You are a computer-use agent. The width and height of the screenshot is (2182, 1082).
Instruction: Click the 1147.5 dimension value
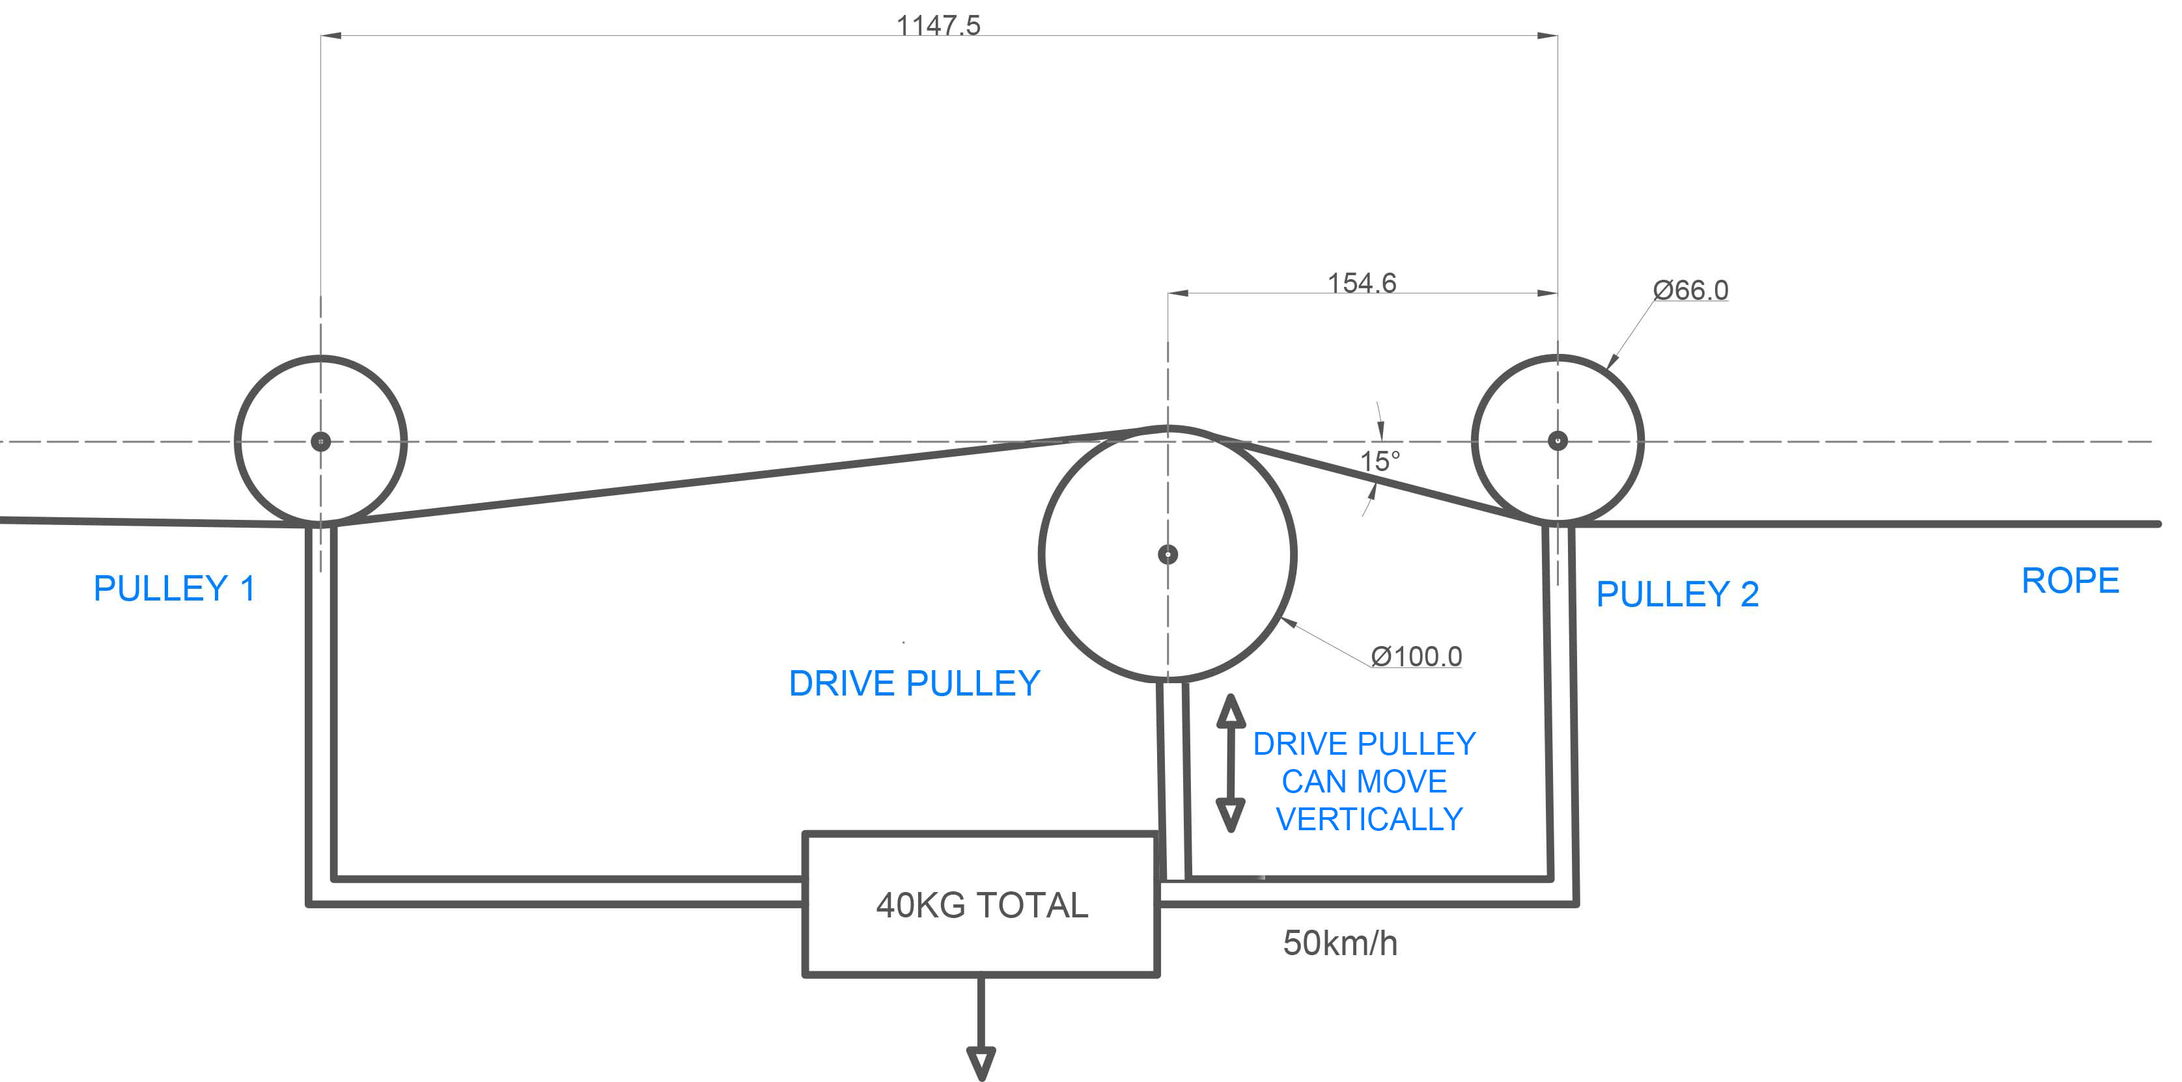coord(938,25)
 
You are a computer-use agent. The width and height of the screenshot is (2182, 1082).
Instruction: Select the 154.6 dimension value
coord(1361,283)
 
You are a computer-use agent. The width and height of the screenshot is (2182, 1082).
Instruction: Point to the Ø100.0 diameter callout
coord(1416,656)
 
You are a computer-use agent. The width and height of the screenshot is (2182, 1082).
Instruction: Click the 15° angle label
coord(1380,461)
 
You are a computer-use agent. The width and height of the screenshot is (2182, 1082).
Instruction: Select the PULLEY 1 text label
coord(174,588)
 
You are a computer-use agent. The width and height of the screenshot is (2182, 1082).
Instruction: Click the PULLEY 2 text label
coord(1677,593)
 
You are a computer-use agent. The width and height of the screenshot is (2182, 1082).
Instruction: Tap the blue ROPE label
coord(2070,581)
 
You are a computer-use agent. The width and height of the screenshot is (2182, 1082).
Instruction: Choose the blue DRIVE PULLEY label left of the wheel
coord(914,683)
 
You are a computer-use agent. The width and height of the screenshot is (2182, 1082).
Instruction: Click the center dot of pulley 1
coord(320,441)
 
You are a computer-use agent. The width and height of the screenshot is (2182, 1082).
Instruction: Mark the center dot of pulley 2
coord(1557,440)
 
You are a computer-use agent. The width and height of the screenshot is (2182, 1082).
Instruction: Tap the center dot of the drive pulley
coord(1168,554)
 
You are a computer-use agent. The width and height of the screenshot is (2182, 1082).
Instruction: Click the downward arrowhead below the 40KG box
coord(981,1062)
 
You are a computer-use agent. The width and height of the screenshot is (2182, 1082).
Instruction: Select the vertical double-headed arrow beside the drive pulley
coord(1231,763)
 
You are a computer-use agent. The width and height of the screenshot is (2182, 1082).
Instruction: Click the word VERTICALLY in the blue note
coord(1369,818)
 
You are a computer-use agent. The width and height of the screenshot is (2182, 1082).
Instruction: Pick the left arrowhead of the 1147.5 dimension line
coord(331,36)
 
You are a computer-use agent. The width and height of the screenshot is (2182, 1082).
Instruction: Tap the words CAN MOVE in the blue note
coord(1364,781)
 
